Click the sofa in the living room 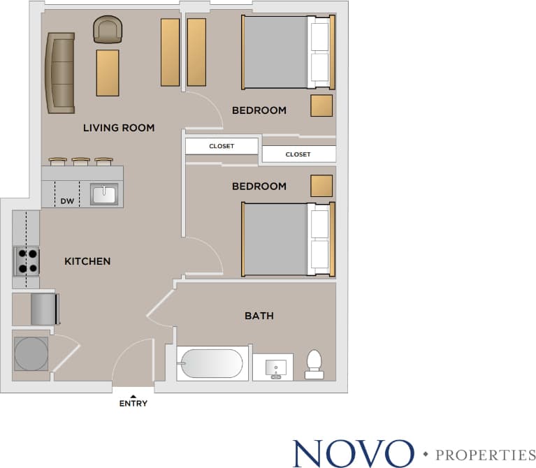click(x=60, y=73)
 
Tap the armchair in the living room click(x=108, y=30)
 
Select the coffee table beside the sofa click(x=108, y=73)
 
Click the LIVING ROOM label click(x=119, y=128)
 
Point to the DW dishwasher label click(x=67, y=202)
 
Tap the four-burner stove click(x=27, y=261)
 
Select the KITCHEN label click(x=87, y=261)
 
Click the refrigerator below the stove click(x=45, y=309)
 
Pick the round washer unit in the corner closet click(x=31, y=353)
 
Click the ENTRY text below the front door click(x=133, y=404)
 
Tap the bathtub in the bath click(x=211, y=364)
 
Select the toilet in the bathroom click(x=314, y=365)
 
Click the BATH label click(x=259, y=316)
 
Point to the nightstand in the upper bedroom click(x=321, y=105)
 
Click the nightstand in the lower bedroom click(x=321, y=186)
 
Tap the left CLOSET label click(x=222, y=147)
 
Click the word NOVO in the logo click(x=354, y=453)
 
